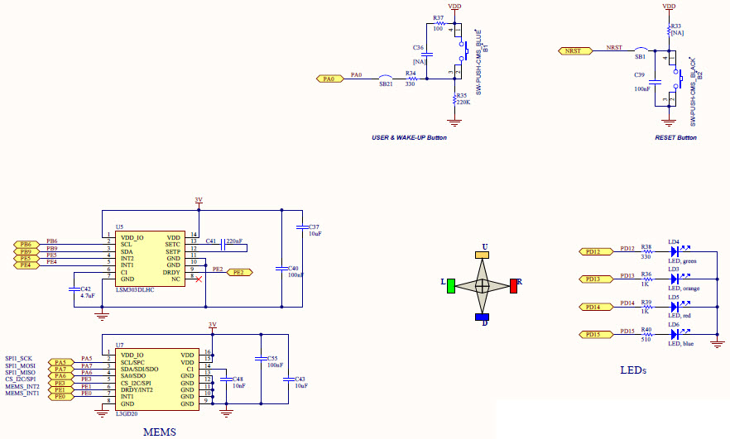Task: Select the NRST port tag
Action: point(573,51)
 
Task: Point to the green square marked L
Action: point(451,286)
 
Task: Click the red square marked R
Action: point(514,286)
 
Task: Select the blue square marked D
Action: point(483,317)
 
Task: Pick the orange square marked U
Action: point(483,255)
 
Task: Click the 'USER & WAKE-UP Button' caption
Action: point(409,137)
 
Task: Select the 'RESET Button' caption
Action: point(675,137)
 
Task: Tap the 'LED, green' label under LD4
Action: point(683,261)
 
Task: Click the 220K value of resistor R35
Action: point(463,102)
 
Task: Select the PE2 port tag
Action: point(239,271)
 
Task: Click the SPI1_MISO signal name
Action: point(20,372)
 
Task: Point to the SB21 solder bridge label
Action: point(386,84)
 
